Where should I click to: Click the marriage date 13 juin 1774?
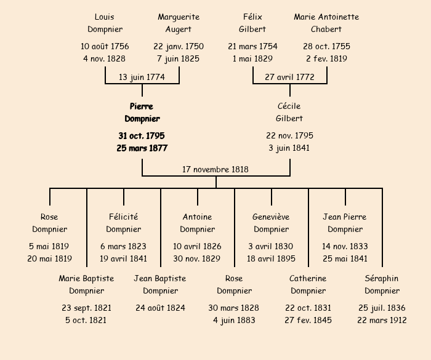coord(142,77)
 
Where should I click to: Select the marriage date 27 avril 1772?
coord(289,77)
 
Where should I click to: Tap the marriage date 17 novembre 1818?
coord(216,169)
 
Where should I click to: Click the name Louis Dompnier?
coord(105,23)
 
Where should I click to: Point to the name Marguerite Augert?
coord(179,23)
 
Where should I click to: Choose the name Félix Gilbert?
coord(252,23)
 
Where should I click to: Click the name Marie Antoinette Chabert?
coord(326,23)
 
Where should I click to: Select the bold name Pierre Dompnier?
coord(142,113)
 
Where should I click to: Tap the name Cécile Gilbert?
coord(289,113)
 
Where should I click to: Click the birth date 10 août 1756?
coord(105,46)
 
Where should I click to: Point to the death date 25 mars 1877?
coord(142,148)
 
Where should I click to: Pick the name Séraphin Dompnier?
coord(382,284)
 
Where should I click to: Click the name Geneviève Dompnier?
coord(271,223)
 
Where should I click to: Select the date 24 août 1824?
coord(160,308)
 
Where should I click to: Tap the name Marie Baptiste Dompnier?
coord(86,284)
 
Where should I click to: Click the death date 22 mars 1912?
coord(382,320)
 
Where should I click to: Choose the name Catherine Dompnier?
coord(308,284)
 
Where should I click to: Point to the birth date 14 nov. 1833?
coord(345,246)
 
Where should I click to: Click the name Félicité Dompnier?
coord(123,223)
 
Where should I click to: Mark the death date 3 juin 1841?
coord(289,148)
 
